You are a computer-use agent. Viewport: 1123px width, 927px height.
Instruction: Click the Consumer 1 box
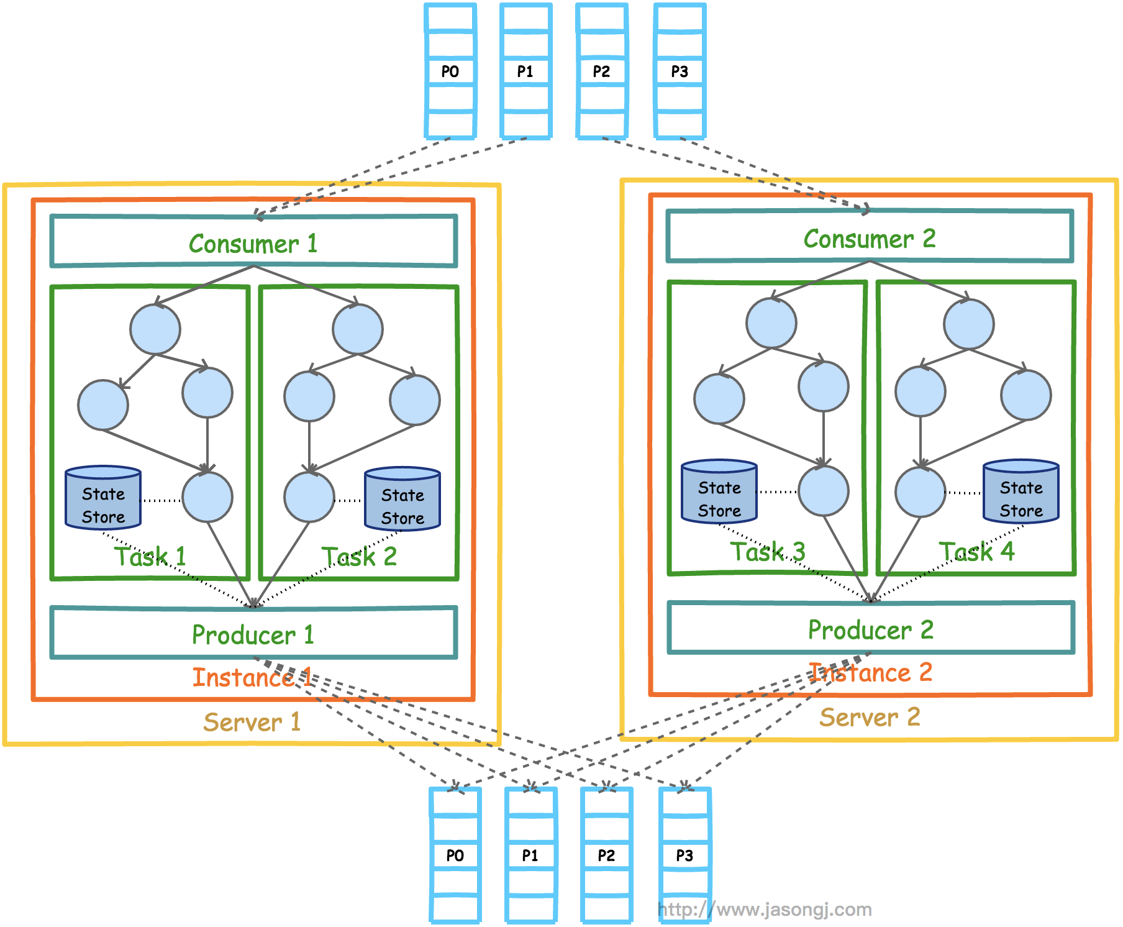253,242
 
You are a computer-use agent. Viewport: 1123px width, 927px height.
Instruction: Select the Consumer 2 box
870,237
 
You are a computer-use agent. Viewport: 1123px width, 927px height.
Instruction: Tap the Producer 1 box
253,634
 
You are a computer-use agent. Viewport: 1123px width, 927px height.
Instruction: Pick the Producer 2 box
871,629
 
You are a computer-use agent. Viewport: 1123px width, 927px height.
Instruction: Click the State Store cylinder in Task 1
103,498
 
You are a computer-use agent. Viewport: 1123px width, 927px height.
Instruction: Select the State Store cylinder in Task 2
402,500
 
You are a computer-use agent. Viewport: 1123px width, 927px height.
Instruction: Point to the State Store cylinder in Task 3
719,492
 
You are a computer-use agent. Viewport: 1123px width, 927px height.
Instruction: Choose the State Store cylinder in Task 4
1021,492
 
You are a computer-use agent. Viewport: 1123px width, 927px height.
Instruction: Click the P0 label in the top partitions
450,71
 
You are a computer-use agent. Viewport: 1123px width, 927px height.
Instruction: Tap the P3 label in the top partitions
680,71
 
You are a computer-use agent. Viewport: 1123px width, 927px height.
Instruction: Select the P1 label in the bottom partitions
530,856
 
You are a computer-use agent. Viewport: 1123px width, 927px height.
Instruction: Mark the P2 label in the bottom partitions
606,856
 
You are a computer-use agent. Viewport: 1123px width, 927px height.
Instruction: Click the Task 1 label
150,556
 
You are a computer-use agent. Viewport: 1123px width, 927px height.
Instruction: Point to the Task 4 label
976,551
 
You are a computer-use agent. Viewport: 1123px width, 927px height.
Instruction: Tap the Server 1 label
252,722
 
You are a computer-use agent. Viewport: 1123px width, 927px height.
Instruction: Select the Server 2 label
870,717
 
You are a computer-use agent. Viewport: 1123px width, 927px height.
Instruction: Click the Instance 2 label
871,672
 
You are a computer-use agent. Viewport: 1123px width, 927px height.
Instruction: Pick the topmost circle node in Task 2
358,329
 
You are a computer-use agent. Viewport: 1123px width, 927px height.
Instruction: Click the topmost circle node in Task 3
771,323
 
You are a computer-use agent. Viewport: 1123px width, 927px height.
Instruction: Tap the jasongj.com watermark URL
765,910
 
